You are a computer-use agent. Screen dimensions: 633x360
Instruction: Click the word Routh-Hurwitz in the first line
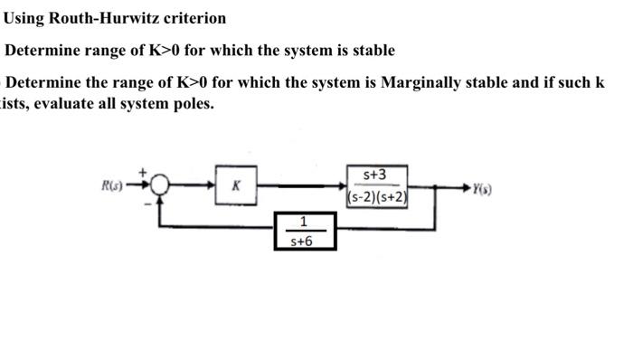tap(95, 18)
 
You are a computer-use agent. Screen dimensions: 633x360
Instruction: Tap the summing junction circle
tap(159, 187)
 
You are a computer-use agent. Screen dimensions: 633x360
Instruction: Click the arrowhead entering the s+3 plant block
tap(340, 187)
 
